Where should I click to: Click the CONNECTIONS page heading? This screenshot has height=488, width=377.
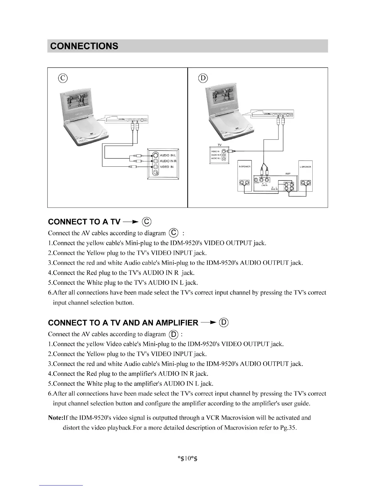click(x=84, y=46)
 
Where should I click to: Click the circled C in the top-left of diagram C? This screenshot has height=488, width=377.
click(x=63, y=78)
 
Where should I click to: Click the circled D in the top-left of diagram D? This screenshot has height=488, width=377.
click(x=203, y=78)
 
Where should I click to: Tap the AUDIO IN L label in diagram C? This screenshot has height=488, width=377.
click(x=168, y=156)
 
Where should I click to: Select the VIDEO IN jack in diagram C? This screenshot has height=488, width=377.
click(x=156, y=167)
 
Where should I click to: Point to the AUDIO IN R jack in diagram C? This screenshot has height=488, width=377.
click(x=156, y=161)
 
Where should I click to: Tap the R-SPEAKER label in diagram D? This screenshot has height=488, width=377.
click(x=245, y=167)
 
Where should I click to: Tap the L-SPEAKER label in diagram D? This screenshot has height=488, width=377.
click(x=305, y=167)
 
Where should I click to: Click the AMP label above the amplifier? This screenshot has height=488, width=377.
click(x=288, y=174)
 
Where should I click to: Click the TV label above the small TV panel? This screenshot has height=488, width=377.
click(x=220, y=145)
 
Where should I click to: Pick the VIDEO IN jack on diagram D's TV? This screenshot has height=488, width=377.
click(x=224, y=151)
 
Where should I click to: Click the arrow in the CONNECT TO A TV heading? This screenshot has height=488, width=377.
click(x=130, y=222)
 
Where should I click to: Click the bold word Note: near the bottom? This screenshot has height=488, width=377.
click(x=55, y=418)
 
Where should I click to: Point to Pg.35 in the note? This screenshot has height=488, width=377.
click(x=288, y=428)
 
